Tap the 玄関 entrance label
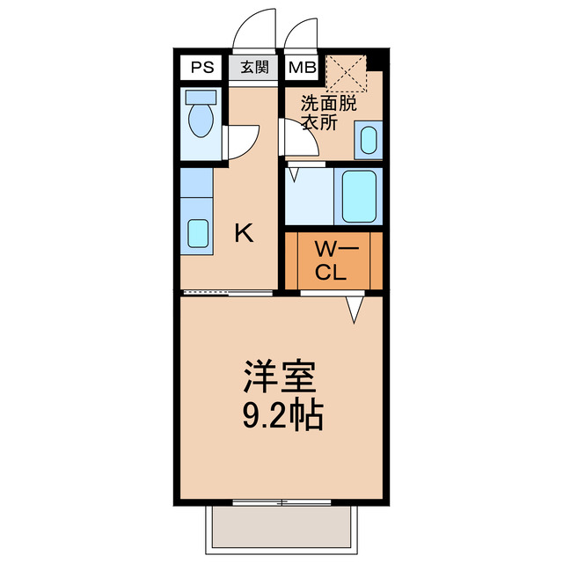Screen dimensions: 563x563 coord(255,67)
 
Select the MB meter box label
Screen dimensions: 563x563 coord(302,67)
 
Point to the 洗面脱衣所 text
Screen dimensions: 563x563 coord(329,113)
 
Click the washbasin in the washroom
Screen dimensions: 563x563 coord(368,140)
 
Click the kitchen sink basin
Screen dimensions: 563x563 coord(198,234)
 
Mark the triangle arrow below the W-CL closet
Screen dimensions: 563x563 coord(355,309)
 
